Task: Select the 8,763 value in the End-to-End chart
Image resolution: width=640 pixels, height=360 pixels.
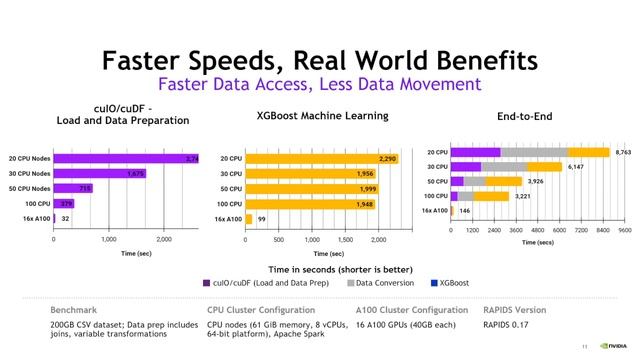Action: (x=623, y=152)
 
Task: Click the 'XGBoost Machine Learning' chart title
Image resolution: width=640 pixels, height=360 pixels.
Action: (x=317, y=116)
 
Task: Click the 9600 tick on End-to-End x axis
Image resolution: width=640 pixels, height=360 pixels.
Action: (x=624, y=230)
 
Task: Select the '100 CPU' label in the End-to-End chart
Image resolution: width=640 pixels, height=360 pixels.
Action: (x=436, y=196)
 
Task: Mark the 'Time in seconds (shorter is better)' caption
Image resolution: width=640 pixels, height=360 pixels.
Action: (x=319, y=268)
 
